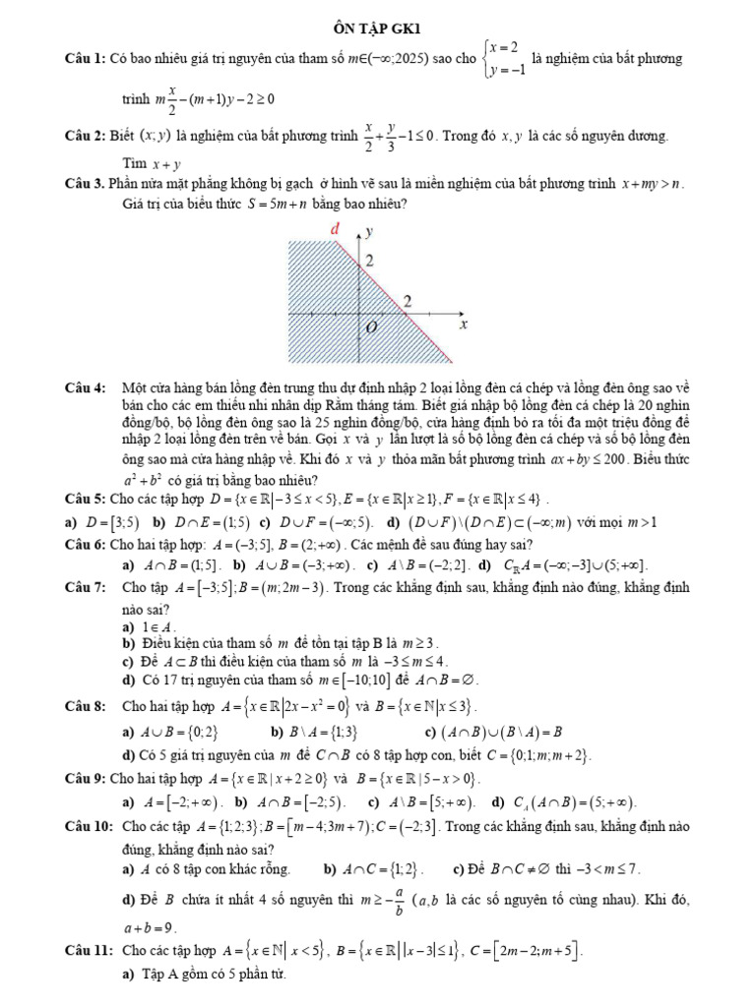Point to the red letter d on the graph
click(334, 229)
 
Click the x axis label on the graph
click(462, 324)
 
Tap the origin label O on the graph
click(370, 327)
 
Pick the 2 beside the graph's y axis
click(371, 262)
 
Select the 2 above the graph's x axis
click(408, 299)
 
